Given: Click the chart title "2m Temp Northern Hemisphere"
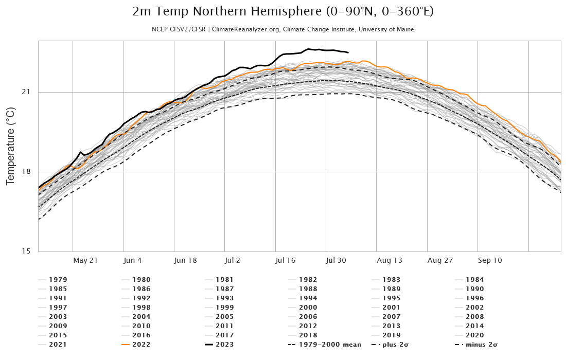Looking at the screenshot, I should click(x=282, y=12).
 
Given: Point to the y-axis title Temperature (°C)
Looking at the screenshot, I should click(x=10, y=146).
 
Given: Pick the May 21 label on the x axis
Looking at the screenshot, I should click(x=85, y=260).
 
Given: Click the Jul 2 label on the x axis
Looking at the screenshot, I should click(x=237, y=260).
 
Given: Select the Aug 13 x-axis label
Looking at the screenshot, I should click(x=389, y=260).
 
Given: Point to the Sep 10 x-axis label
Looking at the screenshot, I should click(x=490, y=260).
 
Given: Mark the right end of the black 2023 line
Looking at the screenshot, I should click(x=348, y=52).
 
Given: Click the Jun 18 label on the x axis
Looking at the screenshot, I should click(x=186, y=260).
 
